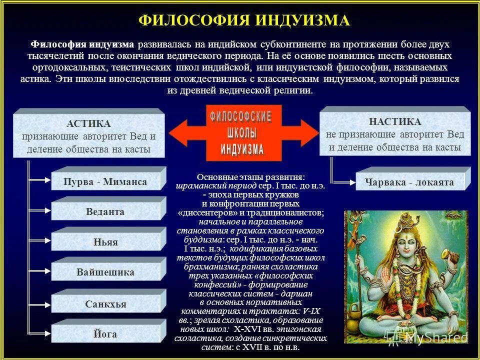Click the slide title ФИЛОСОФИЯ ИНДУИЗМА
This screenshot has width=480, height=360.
(244, 20)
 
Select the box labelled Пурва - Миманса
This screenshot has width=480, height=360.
(105, 182)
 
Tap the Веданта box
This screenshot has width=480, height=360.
(105, 212)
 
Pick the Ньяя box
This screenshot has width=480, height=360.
(105, 242)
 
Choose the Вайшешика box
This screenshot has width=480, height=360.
(105, 273)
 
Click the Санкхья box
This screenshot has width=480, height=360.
(105, 304)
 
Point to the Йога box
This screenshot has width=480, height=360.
(105, 334)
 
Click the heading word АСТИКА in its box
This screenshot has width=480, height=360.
(88, 123)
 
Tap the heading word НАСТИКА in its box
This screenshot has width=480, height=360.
(395, 121)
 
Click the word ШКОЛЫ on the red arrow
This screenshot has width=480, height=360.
(241, 133)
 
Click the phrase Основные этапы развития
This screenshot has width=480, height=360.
(250, 177)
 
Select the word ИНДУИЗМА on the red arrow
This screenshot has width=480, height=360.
(242, 148)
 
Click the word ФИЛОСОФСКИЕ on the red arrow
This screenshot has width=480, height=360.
(240, 118)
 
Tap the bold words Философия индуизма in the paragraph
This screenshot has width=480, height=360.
(83, 44)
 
